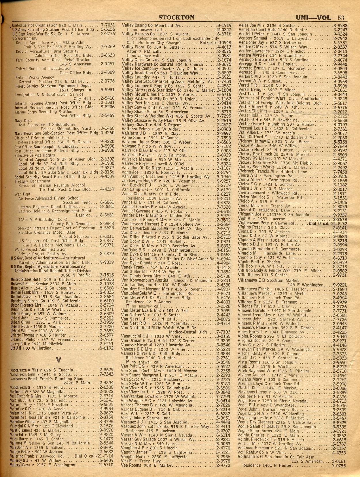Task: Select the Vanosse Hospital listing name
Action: (138, 344)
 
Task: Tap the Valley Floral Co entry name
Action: (136, 47)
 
